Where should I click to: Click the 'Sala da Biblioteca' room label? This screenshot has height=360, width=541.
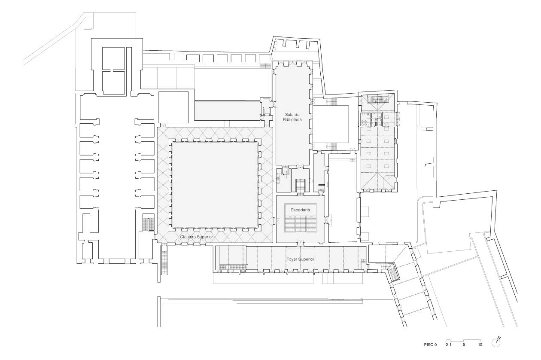click(292, 117)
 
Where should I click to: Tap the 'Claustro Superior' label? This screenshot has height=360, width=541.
click(196, 237)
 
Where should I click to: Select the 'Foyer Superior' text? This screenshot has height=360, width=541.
click(301, 259)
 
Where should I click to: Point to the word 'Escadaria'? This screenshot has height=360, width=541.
click(300, 210)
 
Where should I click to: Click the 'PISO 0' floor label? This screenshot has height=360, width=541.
click(430, 345)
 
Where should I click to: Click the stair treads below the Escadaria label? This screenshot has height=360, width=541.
click(301, 224)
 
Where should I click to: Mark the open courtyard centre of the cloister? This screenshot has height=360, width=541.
click(215, 185)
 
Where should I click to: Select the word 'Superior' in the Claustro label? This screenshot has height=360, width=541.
click(205, 237)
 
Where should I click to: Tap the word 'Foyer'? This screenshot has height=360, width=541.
click(292, 259)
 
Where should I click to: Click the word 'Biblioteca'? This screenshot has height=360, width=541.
click(292, 119)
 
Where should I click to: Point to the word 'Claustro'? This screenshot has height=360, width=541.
click(188, 237)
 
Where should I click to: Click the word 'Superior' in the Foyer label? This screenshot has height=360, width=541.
click(306, 259)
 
